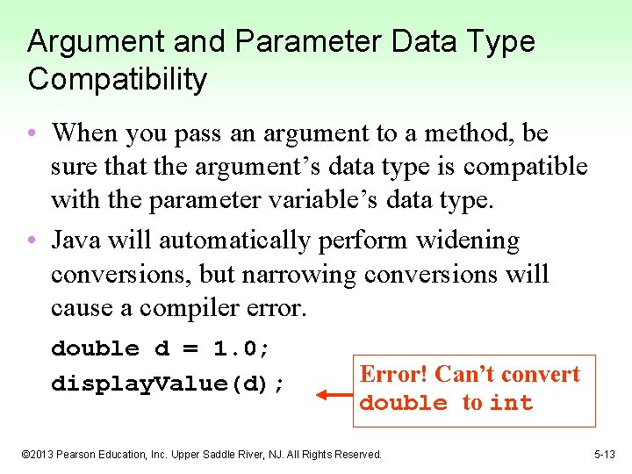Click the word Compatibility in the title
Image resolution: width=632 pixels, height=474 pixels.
click(117, 80)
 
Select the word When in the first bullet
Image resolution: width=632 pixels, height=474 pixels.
click(85, 133)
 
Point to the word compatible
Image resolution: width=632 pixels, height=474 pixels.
click(525, 167)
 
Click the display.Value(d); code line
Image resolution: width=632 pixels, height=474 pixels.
click(168, 384)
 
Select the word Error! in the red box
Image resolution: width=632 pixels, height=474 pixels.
click(394, 375)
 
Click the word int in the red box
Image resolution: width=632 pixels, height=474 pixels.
click(511, 403)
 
